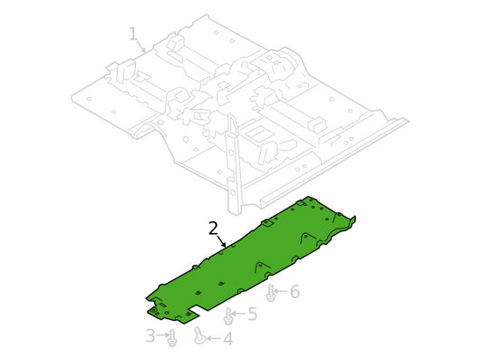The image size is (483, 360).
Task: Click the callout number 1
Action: click(133, 34)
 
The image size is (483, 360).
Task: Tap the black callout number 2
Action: click(213, 229)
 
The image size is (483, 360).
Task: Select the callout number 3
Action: click(150, 336)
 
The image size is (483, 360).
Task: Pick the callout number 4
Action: click(227, 339)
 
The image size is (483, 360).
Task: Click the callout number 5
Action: click(253, 314)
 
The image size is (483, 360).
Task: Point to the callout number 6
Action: click(295, 292)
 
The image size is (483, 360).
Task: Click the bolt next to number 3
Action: click(172, 338)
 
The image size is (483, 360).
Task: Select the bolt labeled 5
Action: click(228, 316)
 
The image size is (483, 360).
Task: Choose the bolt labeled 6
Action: click(270, 293)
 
